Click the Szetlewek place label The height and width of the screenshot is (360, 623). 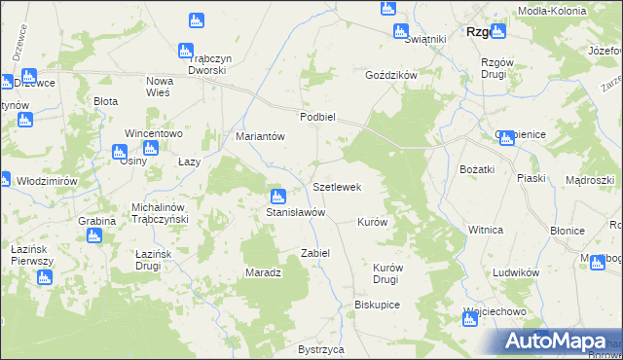click(x=337, y=187)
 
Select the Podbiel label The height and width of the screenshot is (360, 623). click(x=317, y=117)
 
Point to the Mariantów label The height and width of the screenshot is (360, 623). click(x=260, y=137)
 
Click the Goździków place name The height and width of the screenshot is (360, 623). click(x=390, y=75)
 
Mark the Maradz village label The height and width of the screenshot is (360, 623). click(x=263, y=272)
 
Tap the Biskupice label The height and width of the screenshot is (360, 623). click(x=378, y=305)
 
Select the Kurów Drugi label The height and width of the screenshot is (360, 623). click(x=387, y=272)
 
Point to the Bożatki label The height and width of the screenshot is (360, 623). click(x=478, y=170)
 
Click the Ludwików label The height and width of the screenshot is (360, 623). click(x=516, y=273)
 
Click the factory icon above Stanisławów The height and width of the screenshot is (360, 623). click(x=277, y=197)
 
